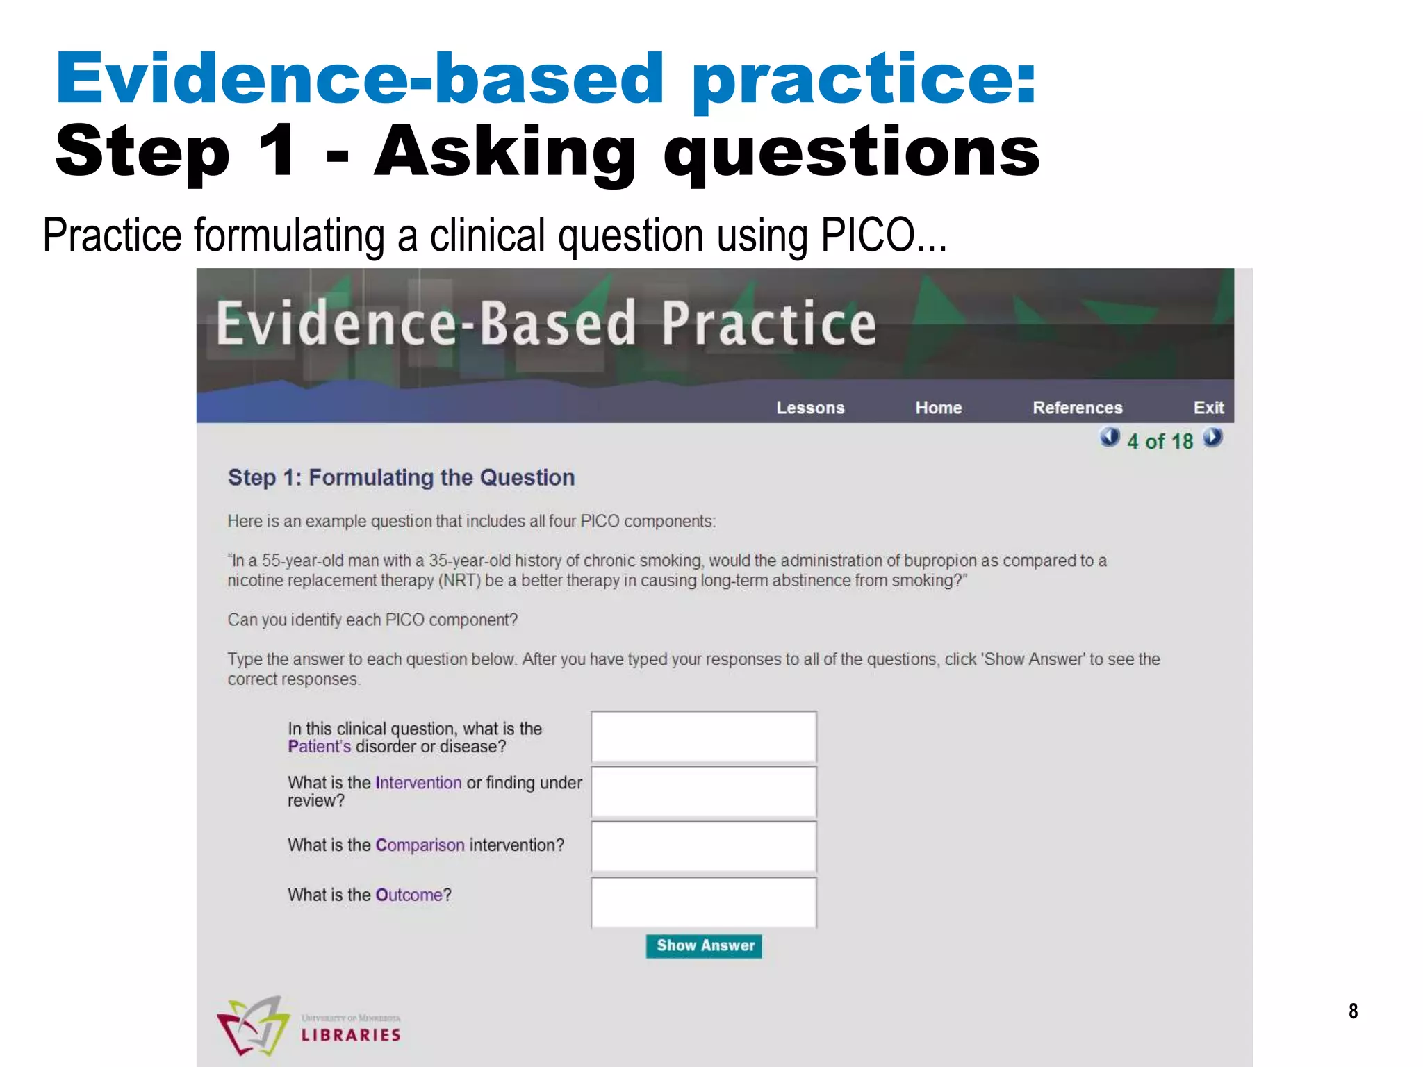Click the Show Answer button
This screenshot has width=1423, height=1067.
click(704, 946)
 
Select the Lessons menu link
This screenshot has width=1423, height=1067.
click(810, 408)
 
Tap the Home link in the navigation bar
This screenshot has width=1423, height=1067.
click(938, 408)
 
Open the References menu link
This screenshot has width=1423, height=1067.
click(1077, 408)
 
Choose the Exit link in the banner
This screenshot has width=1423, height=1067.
click(1208, 408)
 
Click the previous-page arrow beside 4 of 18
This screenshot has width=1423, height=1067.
click(1110, 438)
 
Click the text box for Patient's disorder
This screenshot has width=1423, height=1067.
click(703, 736)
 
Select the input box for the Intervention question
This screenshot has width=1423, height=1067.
click(703, 792)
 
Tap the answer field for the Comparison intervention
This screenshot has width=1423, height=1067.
click(703, 847)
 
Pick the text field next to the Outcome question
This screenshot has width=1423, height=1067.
click(703, 902)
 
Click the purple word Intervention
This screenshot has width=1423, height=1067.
click(418, 783)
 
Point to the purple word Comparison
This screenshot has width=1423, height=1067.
click(420, 845)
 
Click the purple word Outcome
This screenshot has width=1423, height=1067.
click(409, 895)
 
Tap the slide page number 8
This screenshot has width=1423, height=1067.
click(1353, 1011)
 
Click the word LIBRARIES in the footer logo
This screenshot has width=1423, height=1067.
click(351, 1035)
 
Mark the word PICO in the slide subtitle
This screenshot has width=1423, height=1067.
click(868, 235)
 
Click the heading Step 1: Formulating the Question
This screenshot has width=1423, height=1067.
click(401, 478)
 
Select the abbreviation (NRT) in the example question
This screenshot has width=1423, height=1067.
click(459, 581)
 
